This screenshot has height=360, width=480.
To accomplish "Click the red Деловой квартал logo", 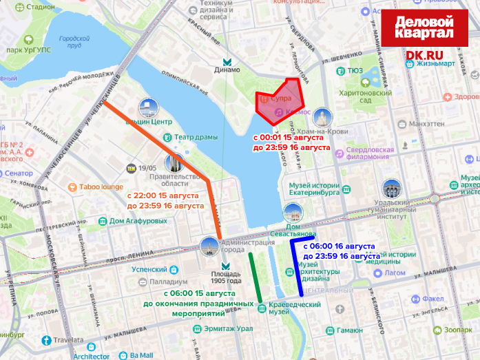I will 424,28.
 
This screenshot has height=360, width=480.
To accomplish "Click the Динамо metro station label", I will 227,70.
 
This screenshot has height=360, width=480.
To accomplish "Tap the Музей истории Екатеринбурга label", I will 314,189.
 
